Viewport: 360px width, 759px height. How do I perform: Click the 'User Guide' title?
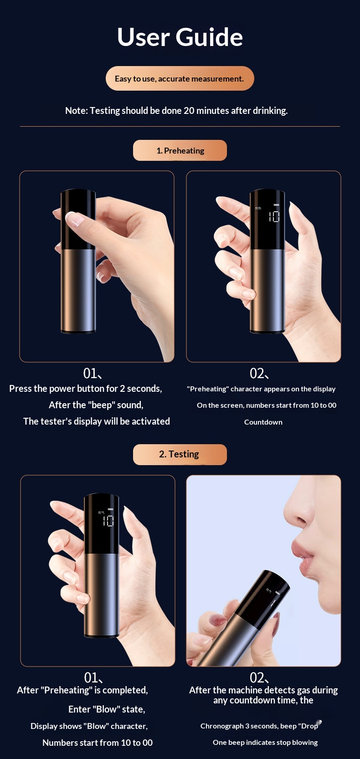tap(180, 37)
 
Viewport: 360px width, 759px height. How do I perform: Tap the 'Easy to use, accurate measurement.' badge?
tap(180, 78)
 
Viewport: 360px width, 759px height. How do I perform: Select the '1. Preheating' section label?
tap(180, 150)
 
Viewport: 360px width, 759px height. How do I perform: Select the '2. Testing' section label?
tap(180, 454)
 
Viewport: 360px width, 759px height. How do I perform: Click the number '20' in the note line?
tap(189, 111)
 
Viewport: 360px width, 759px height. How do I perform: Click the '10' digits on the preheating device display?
tap(274, 216)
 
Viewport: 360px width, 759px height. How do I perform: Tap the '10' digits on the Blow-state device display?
tap(108, 520)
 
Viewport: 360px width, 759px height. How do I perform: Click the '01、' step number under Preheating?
tap(93, 374)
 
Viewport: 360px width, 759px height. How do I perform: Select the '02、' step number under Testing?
tap(259, 678)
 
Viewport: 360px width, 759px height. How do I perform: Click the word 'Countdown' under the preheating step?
tap(263, 422)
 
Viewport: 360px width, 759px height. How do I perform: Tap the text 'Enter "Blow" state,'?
tap(107, 709)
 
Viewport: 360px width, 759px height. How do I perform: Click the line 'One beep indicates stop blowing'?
tap(265, 743)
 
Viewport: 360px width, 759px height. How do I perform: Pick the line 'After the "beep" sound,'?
tap(96, 405)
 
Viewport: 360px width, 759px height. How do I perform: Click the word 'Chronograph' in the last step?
tap(221, 726)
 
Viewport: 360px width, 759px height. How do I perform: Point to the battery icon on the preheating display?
tap(276, 205)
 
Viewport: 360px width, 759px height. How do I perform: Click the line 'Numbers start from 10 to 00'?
tap(98, 743)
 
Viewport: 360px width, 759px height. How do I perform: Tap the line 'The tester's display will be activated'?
tap(97, 421)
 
